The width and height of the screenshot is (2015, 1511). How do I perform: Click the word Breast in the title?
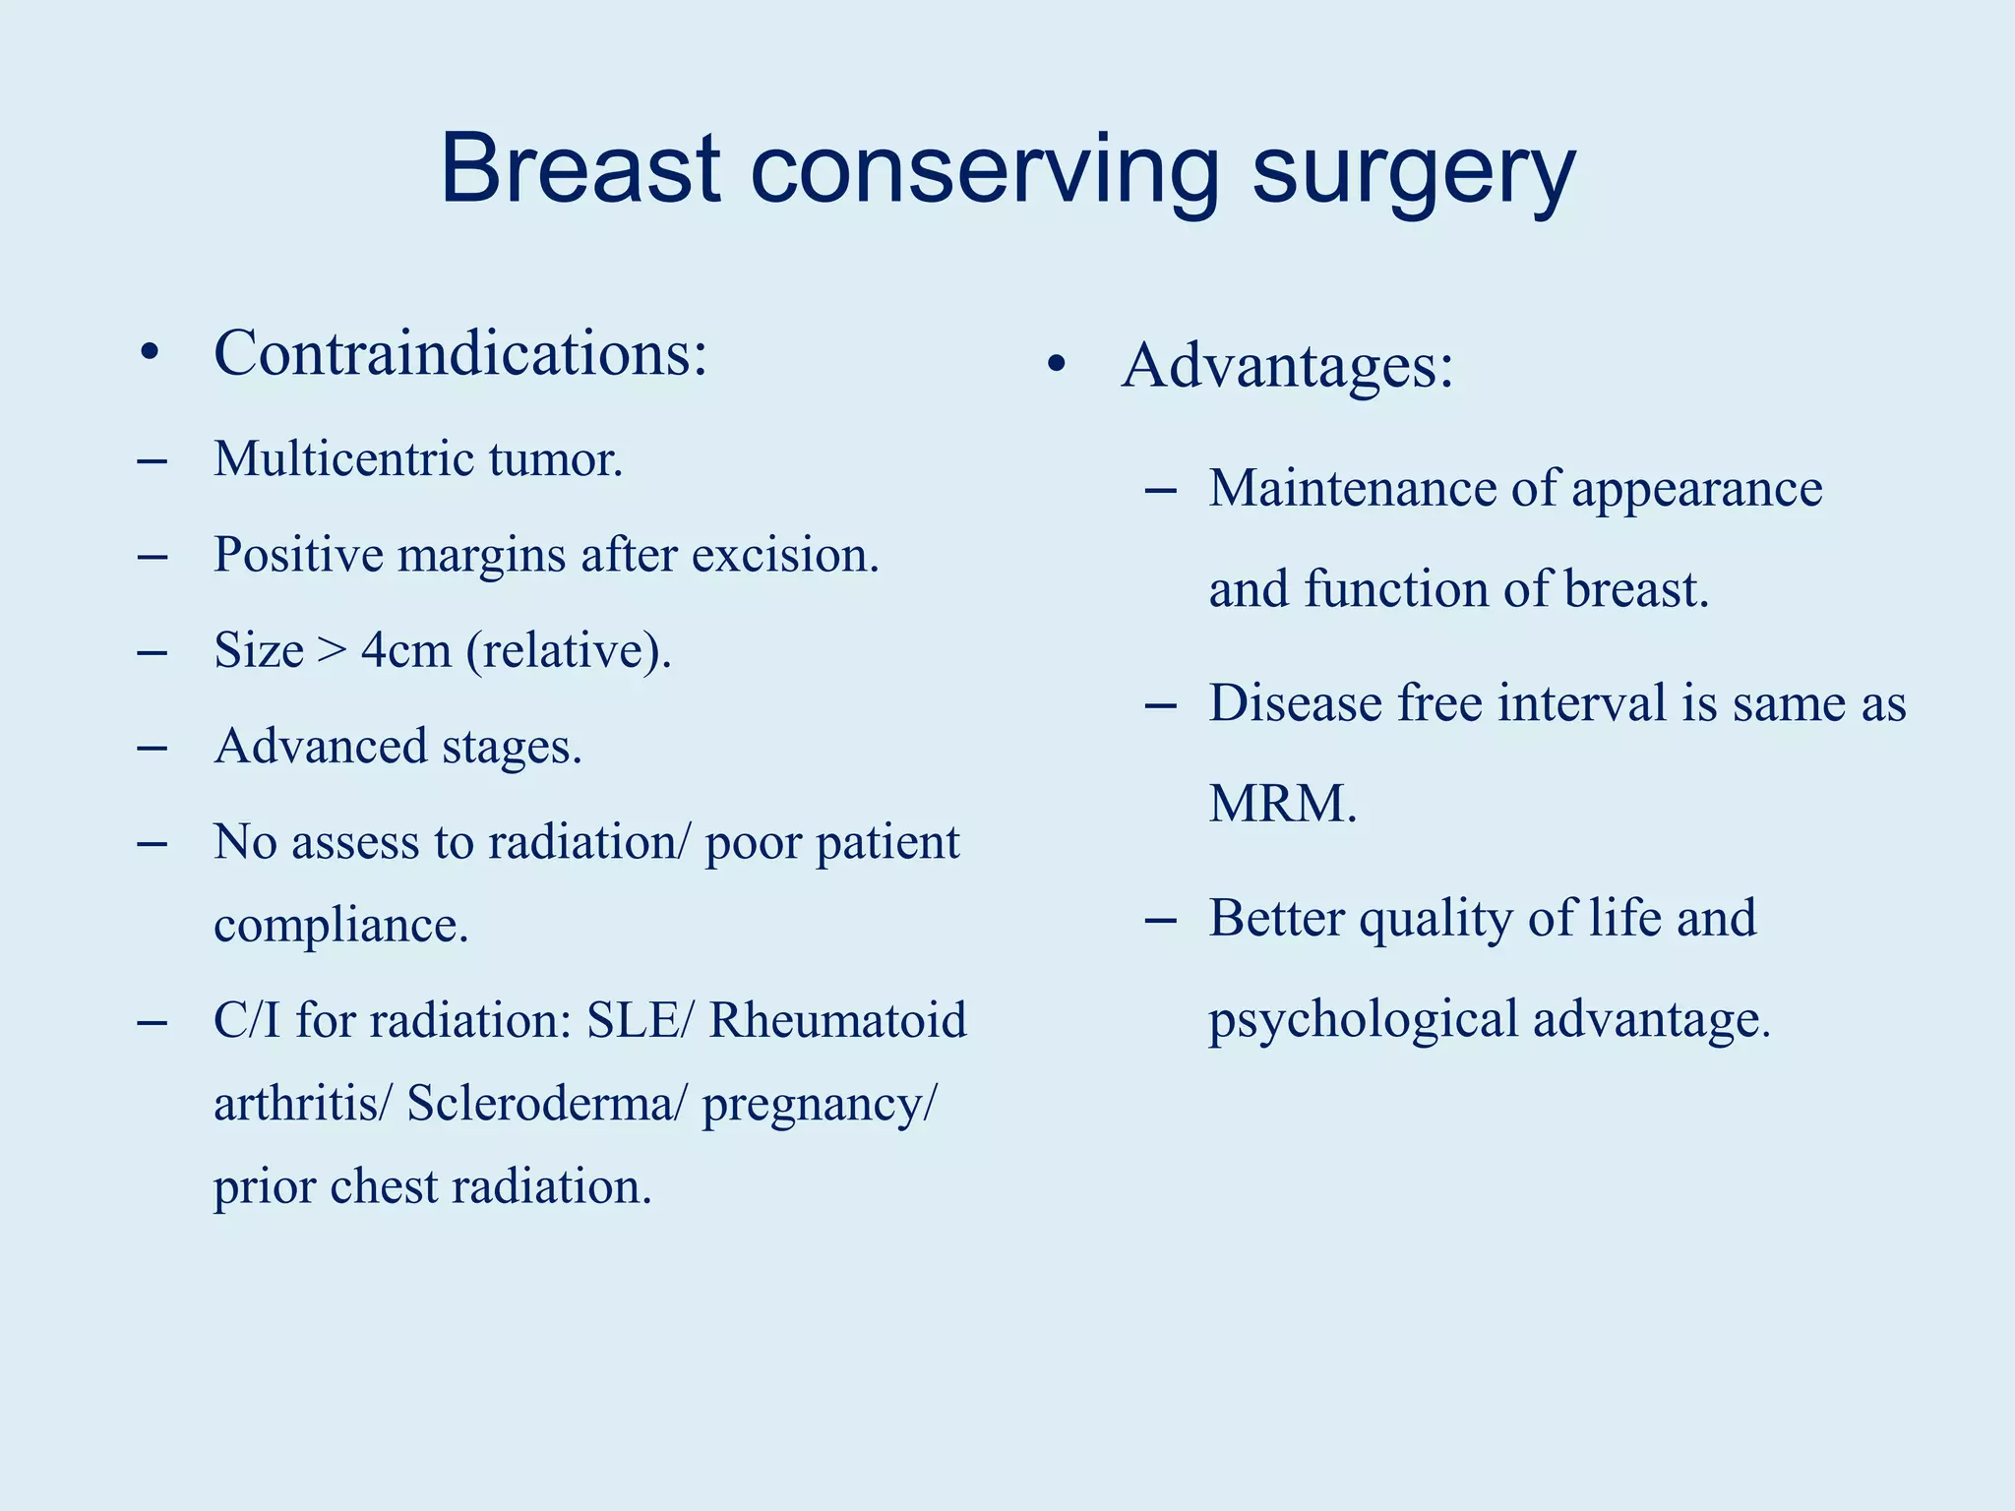click(580, 169)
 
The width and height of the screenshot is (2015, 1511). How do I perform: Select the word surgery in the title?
click(1414, 172)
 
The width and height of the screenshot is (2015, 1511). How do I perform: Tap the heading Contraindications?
click(460, 353)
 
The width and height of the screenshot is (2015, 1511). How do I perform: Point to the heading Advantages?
click(1287, 366)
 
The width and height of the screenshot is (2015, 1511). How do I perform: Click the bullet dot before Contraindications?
click(150, 353)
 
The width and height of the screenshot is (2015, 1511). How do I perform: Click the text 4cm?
click(405, 650)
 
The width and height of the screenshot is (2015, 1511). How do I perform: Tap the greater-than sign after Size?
click(333, 651)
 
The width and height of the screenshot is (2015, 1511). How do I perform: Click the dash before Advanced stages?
click(153, 749)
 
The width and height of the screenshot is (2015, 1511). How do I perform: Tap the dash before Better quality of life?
click(1161, 921)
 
